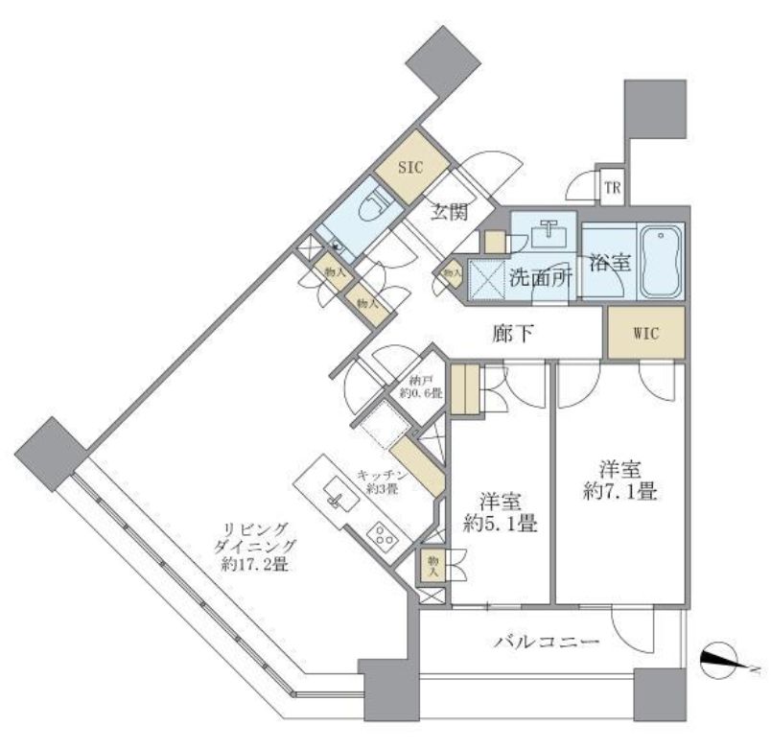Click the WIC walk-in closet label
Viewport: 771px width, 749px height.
tap(646, 334)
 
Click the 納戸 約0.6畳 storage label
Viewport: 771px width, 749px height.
tap(420, 386)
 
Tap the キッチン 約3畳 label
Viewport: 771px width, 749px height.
tap(384, 480)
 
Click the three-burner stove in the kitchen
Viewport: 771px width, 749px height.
tap(385, 538)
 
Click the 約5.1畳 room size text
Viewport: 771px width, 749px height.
tap(500, 525)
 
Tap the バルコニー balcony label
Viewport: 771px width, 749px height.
tap(548, 642)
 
